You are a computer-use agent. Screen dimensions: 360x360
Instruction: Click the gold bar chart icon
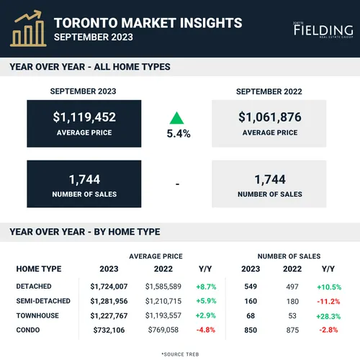click(x=28, y=28)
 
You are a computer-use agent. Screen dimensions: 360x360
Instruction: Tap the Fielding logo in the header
click(x=323, y=30)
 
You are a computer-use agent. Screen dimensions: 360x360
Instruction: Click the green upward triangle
click(x=176, y=118)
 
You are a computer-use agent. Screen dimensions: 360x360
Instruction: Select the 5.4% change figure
click(x=179, y=134)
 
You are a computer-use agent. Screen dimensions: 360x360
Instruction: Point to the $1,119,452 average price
click(x=84, y=117)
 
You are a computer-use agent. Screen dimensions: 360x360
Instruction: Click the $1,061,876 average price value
click(x=270, y=117)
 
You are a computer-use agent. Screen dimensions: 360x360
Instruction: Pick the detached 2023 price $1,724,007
click(x=109, y=287)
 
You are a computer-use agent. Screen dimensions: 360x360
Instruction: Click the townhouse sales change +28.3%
click(x=328, y=316)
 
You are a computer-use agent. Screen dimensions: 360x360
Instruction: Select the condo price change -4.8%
click(x=206, y=330)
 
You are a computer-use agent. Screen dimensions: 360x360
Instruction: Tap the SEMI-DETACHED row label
click(x=43, y=301)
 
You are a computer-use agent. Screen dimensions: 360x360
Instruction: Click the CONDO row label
click(x=28, y=330)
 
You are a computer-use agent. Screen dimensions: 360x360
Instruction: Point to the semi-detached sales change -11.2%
click(x=328, y=302)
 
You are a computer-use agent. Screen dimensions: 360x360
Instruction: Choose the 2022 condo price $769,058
click(x=163, y=330)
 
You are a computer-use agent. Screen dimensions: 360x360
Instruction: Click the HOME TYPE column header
click(x=39, y=269)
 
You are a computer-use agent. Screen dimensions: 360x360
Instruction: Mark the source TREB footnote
click(x=180, y=354)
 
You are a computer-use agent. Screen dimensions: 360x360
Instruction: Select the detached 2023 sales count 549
click(x=251, y=287)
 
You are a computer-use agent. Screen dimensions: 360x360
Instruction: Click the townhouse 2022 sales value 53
click(x=292, y=316)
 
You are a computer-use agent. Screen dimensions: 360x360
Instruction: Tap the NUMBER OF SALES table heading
click(x=289, y=256)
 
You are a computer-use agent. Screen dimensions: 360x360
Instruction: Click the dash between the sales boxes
click(x=177, y=184)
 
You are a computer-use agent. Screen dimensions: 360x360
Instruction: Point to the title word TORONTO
click(x=86, y=23)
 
